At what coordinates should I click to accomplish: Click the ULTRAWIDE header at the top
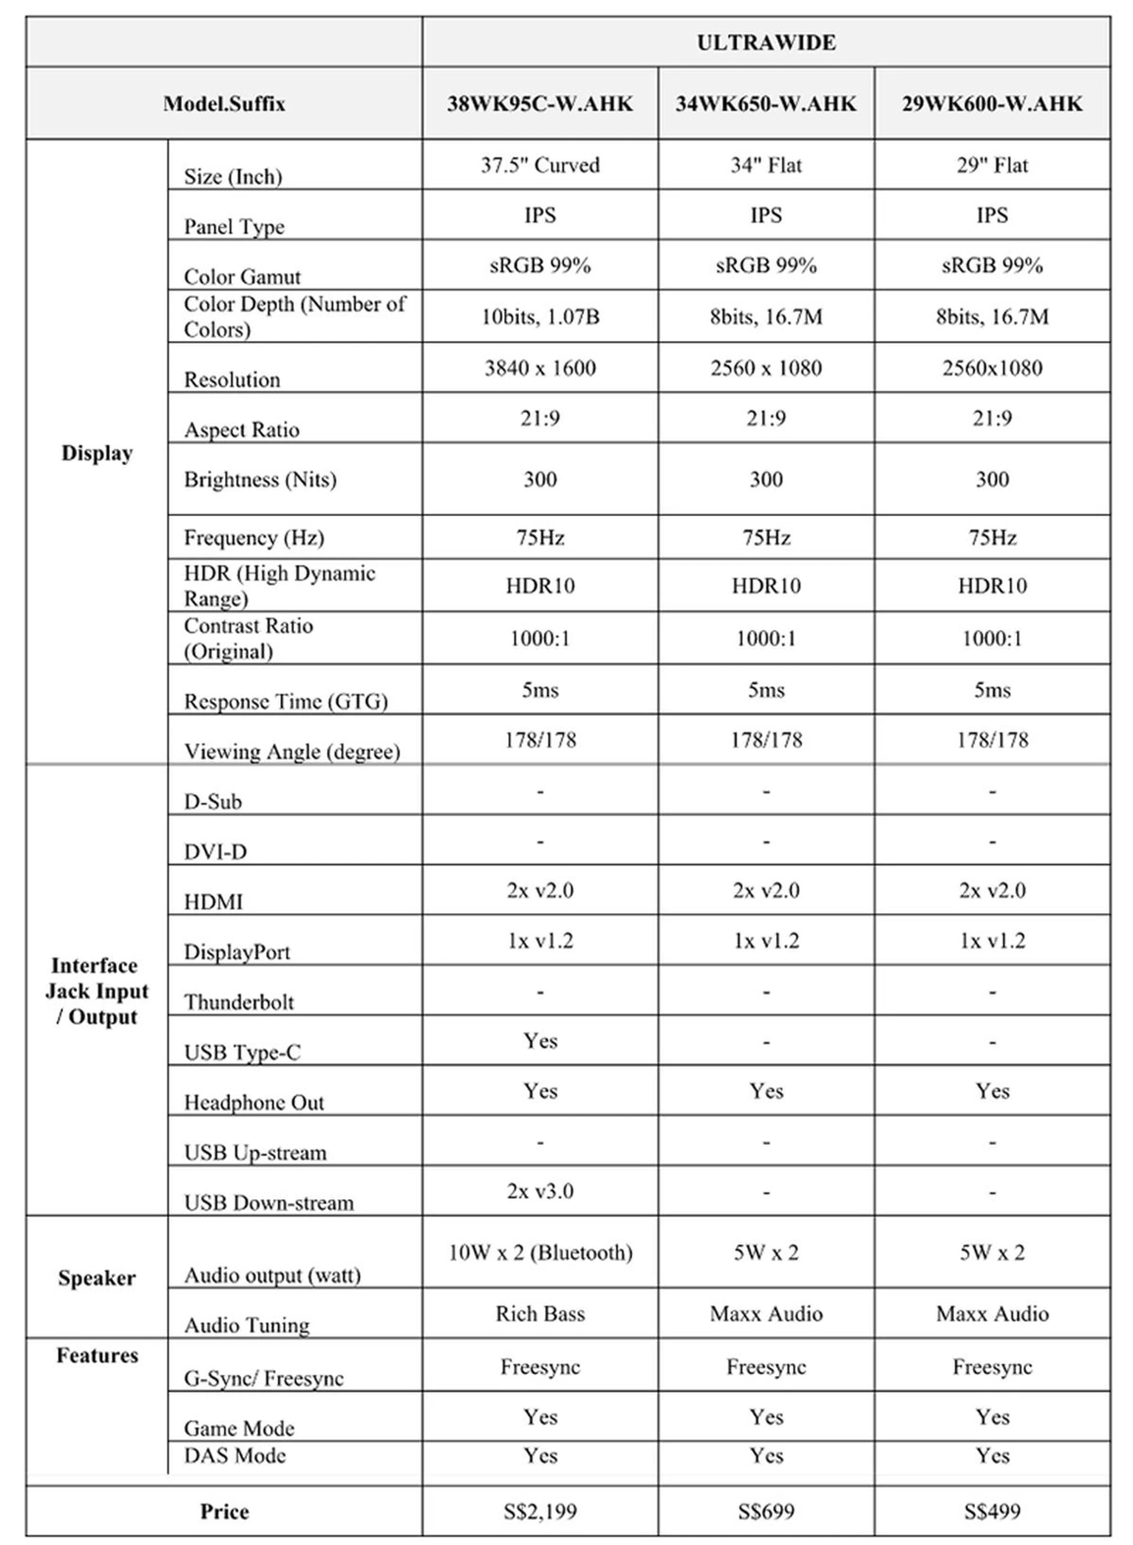[x=766, y=42]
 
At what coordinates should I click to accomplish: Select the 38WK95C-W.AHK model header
[x=540, y=103]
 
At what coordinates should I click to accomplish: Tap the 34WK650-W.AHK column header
[x=765, y=103]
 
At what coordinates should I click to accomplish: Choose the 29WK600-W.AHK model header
[x=992, y=103]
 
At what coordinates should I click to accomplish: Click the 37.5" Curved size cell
[x=540, y=165]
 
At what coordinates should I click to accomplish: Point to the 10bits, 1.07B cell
[x=540, y=317]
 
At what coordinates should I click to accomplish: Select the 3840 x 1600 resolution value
[x=540, y=368]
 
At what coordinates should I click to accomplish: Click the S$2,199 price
[x=540, y=1511]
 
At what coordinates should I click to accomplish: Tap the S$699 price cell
[x=765, y=1511]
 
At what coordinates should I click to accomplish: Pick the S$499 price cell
[x=992, y=1511]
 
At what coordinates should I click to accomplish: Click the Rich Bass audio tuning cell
[x=540, y=1313]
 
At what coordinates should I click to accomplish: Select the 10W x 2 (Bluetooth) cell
[x=540, y=1252]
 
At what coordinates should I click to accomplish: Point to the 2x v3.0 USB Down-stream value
[x=540, y=1191]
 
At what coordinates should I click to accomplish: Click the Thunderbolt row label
[x=238, y=1002]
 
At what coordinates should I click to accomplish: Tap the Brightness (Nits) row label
[x=260, y=479]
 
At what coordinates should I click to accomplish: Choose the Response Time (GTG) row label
[x=285, y=701]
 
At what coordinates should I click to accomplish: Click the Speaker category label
[x=97, y=1278]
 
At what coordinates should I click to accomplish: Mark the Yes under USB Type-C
[x=540, y=1040]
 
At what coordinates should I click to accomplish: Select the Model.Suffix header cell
[x=224, y=103]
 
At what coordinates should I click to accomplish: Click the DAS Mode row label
[x=234, y=1455]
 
